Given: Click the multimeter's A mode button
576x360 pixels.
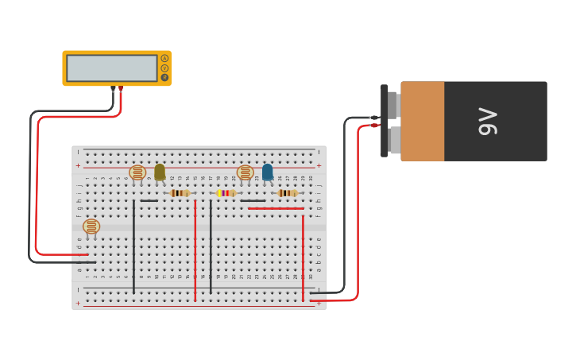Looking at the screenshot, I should pos(164,58).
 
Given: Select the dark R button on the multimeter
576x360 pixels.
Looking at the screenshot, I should pos(164,77).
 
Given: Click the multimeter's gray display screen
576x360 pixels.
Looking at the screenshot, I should pos(112,68).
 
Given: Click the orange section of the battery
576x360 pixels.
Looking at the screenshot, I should pos(422,121).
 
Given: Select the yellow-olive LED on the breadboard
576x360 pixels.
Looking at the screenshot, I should pos(160,172).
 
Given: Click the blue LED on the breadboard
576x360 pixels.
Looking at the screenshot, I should pos(268,172).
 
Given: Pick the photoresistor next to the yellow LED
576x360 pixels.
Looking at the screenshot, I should pos(137,172).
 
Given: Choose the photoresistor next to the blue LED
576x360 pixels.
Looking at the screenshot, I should pos(245,172).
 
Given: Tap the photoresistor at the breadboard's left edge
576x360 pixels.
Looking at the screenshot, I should pos(91,226).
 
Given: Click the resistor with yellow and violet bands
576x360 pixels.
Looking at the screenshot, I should pos(226,193).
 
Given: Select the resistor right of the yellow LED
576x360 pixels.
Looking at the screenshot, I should pos(180,193).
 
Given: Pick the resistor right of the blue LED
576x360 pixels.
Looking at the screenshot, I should pos(288,193).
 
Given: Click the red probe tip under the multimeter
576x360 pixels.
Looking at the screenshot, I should pos(121,89).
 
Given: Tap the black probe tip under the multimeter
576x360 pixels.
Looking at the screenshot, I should pos(114,89).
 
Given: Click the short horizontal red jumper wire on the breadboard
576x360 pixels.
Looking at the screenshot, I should pos(275,208).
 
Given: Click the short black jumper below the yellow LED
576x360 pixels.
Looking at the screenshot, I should pos(149,200).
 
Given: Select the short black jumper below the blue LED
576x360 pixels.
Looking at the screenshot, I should pos(253,200).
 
